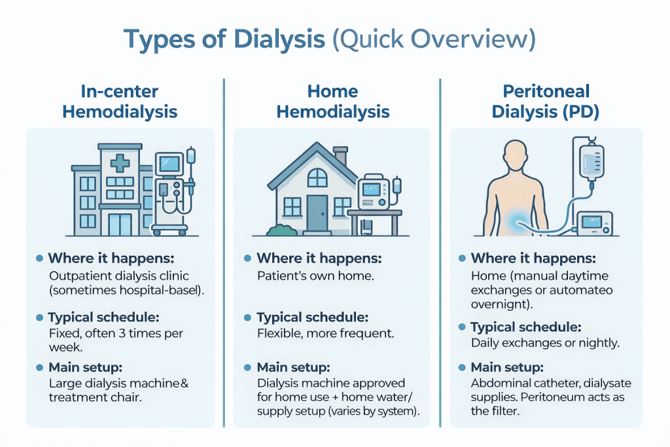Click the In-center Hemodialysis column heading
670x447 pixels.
[x=120, y=101]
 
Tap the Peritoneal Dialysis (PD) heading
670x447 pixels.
[x=546, y=101]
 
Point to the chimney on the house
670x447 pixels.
[x=340, y=156]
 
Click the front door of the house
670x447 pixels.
[x=317, y=213]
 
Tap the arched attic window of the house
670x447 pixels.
[x=317, y=177]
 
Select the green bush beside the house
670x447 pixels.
[x=279, y=229]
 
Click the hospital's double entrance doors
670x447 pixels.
[x=119, y=224]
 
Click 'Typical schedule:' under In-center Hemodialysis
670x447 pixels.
[x=103, y=317]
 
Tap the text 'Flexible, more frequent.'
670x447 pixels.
[x=326, y=334]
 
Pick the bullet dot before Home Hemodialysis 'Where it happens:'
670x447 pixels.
[x=247, y=259]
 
